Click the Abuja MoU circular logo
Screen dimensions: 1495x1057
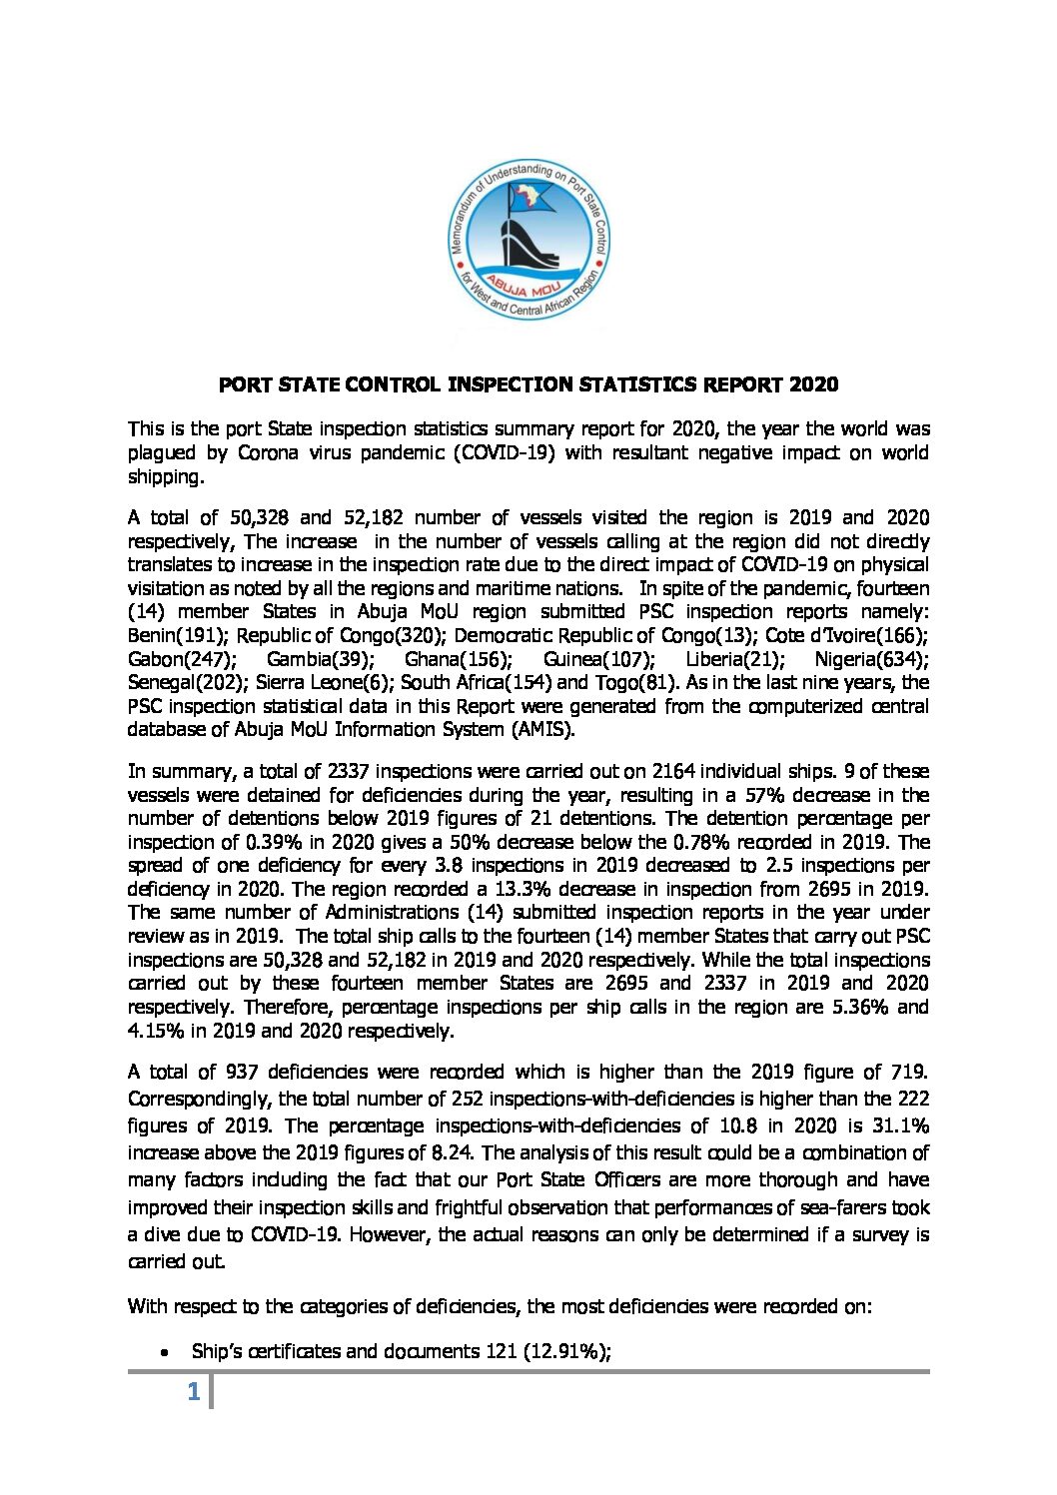(x=528, y=242)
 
